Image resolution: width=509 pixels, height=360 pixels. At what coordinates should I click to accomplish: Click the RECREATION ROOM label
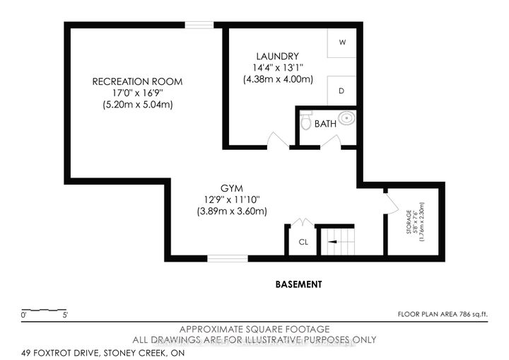point(137,81)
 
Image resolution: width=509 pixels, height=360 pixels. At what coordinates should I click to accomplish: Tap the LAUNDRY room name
point(276,56)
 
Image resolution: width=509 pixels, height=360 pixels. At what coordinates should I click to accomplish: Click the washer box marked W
point(342,42)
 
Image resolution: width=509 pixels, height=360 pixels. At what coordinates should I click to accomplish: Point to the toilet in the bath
point(305,122)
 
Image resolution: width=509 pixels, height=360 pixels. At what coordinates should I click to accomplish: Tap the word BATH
point(325,124)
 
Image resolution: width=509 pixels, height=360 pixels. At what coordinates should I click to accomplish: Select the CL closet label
point(303,241)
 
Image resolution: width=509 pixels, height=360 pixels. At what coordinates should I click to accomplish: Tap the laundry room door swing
point(278,140)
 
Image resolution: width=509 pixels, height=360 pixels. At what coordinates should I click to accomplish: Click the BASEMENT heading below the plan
point(298,284)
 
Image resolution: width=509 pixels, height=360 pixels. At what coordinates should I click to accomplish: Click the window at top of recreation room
point(199,25)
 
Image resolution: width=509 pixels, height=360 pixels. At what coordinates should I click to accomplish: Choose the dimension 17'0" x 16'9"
point(137,93)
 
